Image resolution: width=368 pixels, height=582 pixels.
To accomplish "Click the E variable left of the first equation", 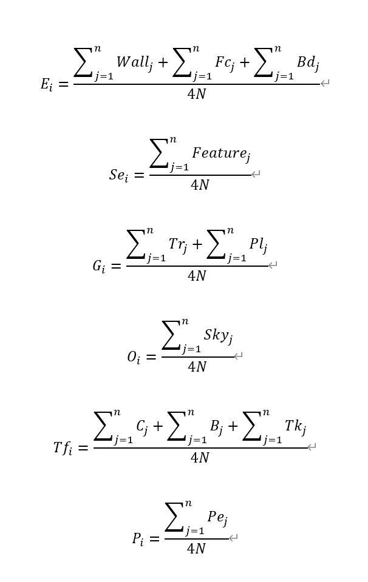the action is pos(46,84).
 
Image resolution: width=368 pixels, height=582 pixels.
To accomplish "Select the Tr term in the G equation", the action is pos(177,244).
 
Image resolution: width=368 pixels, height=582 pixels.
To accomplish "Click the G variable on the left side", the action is pos(98,266).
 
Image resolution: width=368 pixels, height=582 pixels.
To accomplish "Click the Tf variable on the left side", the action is pos(62,448).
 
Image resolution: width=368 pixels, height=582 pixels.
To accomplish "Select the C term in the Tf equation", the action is pos(141,426).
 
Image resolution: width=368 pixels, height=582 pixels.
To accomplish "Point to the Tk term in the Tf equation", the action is pos(295,426).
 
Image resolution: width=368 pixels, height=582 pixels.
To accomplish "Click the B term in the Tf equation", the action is pos(216,426).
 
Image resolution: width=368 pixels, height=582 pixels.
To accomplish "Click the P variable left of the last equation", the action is pos(138,539).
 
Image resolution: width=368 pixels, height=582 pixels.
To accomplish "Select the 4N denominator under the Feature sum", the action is pos(200,185).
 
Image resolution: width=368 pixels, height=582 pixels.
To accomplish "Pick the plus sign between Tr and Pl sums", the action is pos(197,245).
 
